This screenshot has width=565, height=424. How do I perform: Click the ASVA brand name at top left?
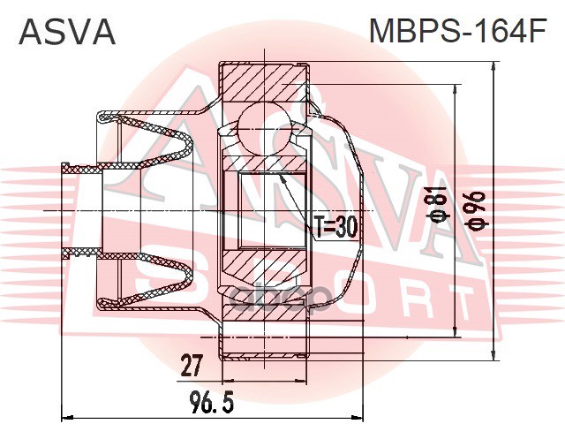67,32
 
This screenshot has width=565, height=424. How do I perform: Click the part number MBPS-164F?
457,31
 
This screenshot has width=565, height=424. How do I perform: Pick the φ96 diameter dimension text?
478,210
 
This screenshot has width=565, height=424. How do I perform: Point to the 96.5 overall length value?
212,403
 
